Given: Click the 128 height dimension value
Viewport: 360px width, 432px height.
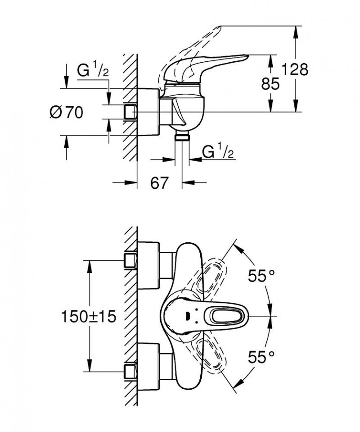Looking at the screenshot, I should pos(295,70).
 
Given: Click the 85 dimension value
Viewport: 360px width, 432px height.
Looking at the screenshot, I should pos(270,83).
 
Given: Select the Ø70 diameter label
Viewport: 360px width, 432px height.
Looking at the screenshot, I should pos(66,112).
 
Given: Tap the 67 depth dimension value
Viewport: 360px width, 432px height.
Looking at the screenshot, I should pos(159,182).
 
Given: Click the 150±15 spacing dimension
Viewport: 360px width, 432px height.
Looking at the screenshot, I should pos(89,316).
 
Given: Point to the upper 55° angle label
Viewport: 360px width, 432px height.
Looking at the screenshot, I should pos(261,276).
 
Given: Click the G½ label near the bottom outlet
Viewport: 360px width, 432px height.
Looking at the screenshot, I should pos(218,152).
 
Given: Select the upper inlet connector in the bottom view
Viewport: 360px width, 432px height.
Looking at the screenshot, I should pos(130,260).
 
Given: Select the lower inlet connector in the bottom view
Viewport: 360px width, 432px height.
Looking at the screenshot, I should pos(130,371).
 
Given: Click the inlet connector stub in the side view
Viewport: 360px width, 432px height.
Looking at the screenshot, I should pos(130,111).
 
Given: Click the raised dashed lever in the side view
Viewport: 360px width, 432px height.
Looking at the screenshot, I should pos(198,45).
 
